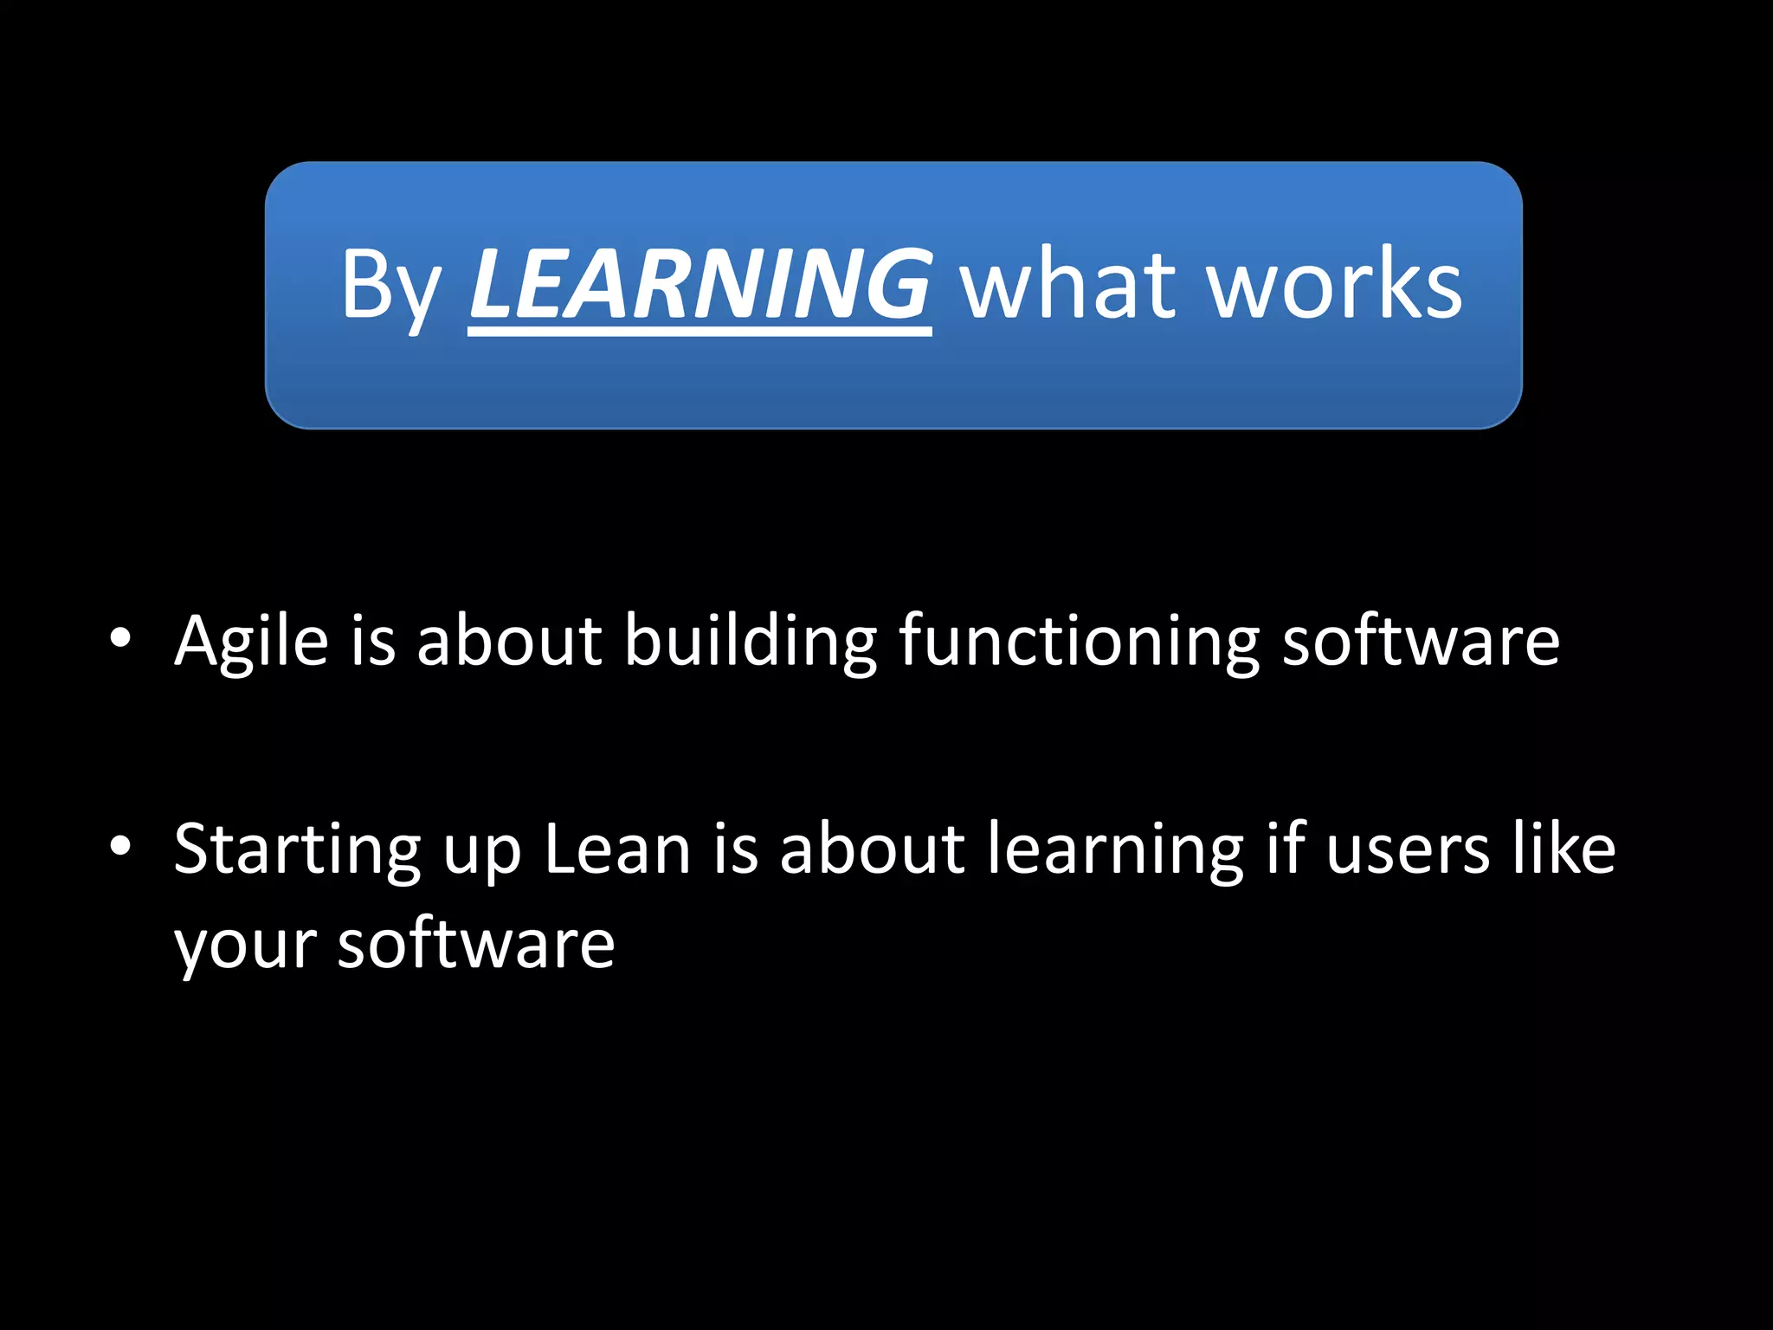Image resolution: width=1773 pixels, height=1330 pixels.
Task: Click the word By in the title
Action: [391, 286]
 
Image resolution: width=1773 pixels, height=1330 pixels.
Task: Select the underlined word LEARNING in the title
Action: [700, 284]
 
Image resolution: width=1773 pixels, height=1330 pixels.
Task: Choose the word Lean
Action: [617, 849]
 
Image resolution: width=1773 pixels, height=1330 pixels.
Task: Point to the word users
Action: [1408, 849]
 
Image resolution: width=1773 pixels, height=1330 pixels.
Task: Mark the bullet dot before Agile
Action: [120, 639]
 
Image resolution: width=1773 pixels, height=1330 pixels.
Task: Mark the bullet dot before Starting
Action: [120, 846]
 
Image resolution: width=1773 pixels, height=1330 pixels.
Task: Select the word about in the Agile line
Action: [509, 641]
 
